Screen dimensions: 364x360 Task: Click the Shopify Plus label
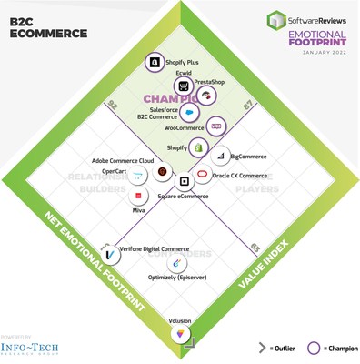pyautogui.click(x=182, y=63)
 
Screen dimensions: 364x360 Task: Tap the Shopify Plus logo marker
pyautogui.click(x=155, y=63)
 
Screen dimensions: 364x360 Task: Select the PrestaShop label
pyautogui.click(x=209, y=83)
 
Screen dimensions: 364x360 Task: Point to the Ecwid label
pyautogui.click(x=184, y=74)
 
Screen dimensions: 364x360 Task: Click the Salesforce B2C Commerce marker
pyautogui.click(x=189, y=113)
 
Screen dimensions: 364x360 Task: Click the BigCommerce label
pyautogui.click(x=248, y=157)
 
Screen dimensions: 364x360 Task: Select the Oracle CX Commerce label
pyautogui.click(x=239, y=176)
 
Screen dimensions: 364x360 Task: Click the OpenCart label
pyautogui.click(x=115, y=171)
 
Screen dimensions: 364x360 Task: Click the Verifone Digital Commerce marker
pyautogui.click(x=109, y=254)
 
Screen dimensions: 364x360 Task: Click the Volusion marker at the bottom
pyautogui.click(x=180, y=336)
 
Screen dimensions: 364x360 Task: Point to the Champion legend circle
pyautogui.click(x=315, y=348)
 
